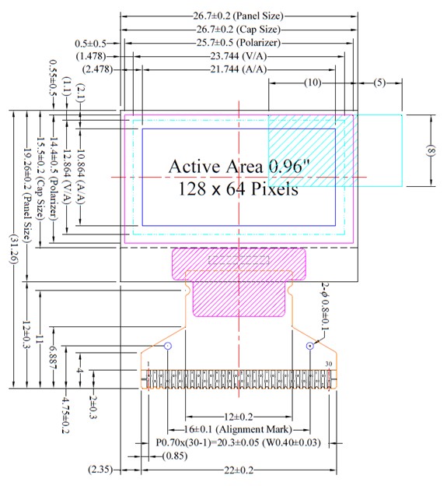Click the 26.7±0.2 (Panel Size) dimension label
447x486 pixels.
pos(239,15)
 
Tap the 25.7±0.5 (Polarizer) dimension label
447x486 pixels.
pos(239,41)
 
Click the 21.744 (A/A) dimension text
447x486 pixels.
pos(239,69)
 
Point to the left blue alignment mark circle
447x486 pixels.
pos(168,345)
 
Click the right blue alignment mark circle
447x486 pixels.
pos(310,345)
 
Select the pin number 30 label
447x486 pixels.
pos(329,364)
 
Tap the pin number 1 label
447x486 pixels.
pos(148,364)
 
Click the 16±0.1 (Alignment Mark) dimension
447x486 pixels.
pos(239,428)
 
